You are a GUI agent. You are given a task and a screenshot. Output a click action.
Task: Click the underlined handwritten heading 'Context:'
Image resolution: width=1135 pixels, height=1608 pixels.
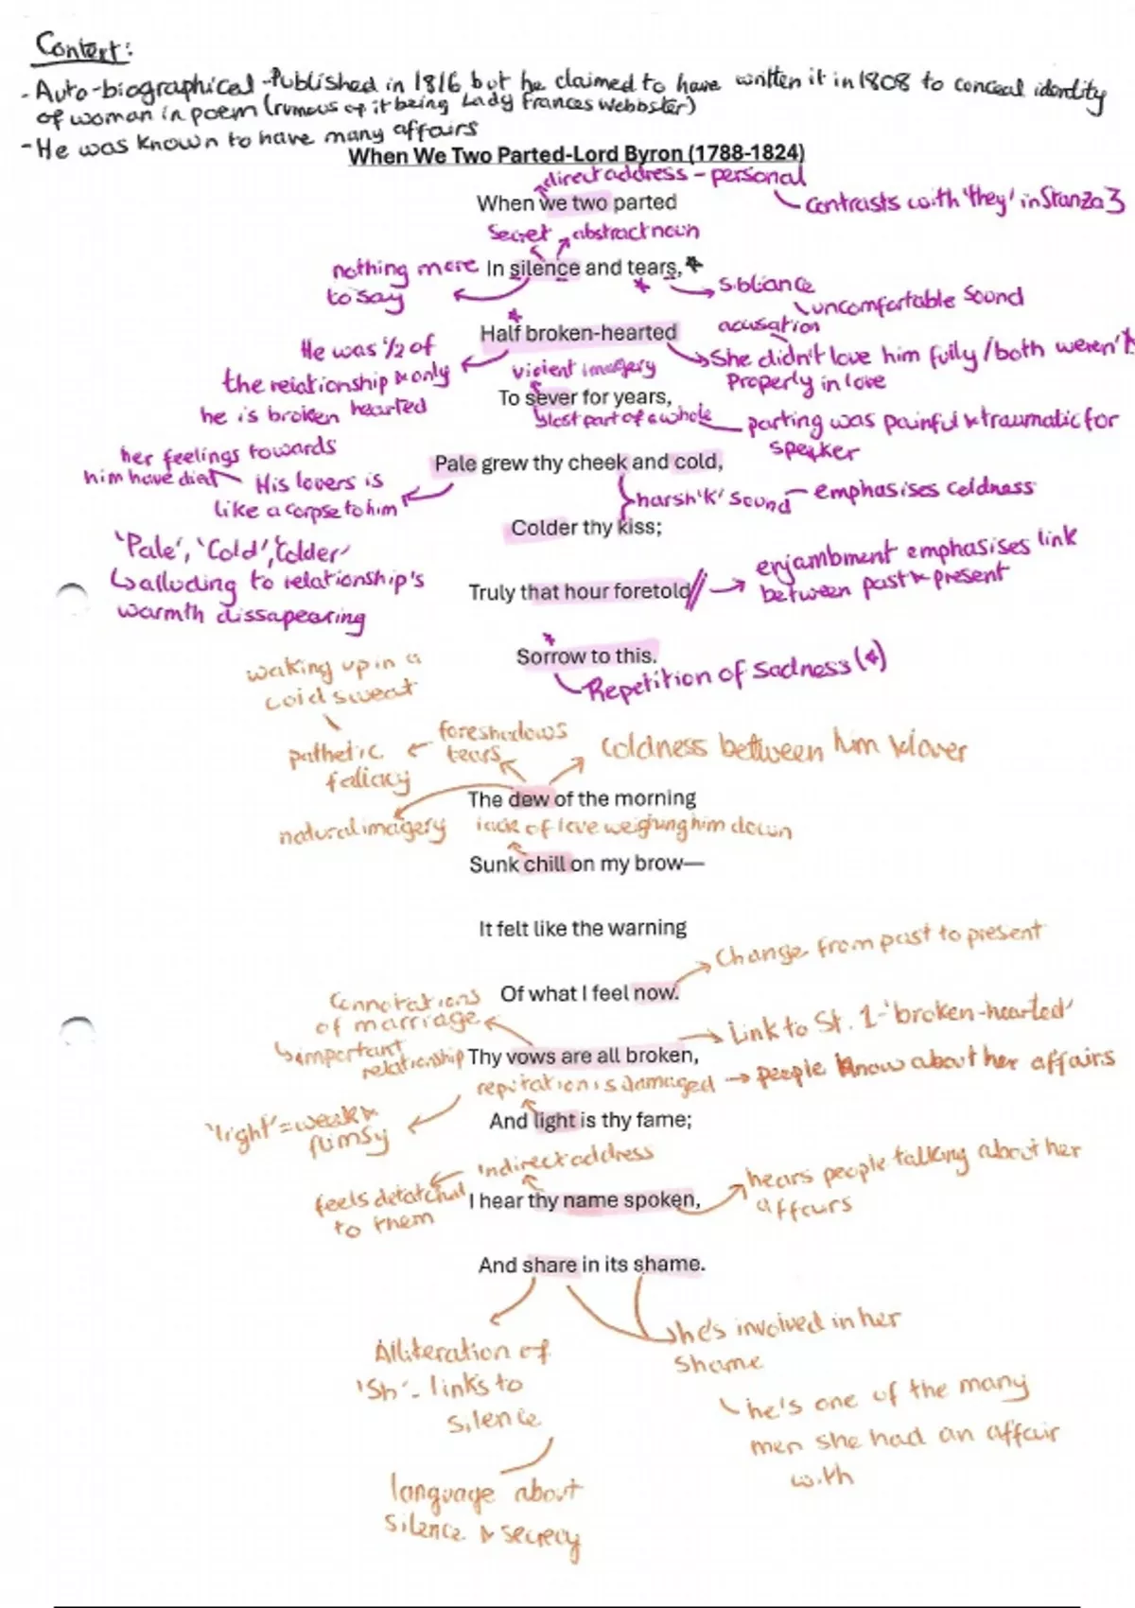point(81,48)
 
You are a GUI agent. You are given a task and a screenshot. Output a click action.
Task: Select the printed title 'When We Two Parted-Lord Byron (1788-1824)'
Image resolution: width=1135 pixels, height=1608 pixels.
point(576,154)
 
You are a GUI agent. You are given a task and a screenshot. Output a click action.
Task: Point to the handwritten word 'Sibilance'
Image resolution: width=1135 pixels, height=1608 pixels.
point(765,284)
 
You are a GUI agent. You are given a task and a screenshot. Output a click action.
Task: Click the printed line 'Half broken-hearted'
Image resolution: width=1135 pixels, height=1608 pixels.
point(578,333)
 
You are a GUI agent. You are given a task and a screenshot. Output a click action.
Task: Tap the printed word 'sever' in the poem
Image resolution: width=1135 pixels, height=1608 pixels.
point(546,398)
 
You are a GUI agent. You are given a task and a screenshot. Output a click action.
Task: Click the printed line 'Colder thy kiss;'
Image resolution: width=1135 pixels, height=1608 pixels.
point(586,528)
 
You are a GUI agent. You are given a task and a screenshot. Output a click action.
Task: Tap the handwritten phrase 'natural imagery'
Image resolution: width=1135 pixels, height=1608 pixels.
point(361,833)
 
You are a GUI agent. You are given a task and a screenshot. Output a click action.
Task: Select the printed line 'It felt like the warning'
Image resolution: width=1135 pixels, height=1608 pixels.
point(583,929)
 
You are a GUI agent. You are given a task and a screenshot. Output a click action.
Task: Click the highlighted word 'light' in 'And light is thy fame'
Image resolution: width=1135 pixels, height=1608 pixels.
point(554,1121)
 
